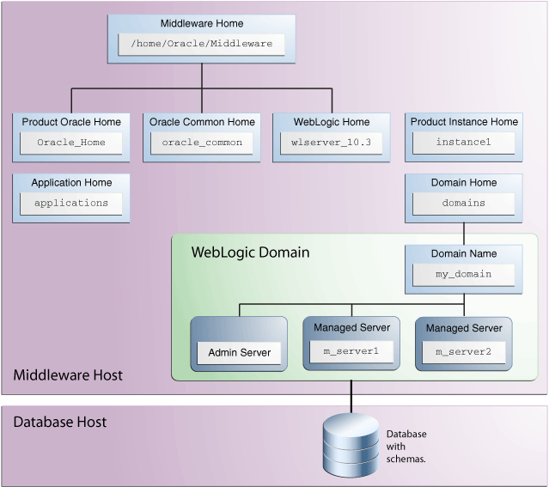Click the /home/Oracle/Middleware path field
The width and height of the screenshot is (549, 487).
201,44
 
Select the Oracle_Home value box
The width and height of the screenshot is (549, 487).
71,143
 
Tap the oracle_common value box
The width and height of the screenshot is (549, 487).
202,143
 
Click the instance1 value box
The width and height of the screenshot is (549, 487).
463,143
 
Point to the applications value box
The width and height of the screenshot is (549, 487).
71,204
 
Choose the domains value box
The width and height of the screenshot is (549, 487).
463,204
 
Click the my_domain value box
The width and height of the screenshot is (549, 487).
463,274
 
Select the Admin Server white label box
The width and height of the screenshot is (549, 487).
239,352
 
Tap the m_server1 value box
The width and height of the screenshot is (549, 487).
351,350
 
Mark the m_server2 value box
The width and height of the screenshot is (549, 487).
463,350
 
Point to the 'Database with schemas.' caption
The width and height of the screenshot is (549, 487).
406,447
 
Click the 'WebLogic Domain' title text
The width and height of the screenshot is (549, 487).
250,253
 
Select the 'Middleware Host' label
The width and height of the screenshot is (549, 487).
68,374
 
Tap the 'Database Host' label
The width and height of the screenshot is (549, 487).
59,422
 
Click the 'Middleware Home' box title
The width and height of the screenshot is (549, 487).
201,23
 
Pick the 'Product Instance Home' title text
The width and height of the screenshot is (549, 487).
464,122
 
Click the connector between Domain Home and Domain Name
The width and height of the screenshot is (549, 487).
464,232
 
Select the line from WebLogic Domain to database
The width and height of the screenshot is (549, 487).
351,396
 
